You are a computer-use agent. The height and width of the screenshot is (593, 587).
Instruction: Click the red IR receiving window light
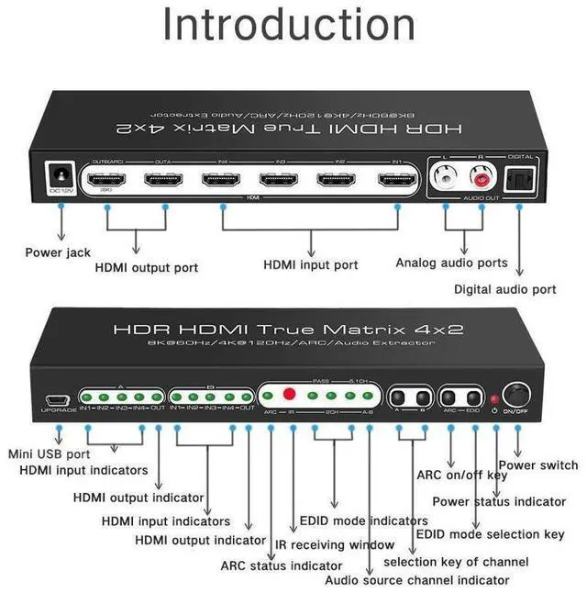point(290,396)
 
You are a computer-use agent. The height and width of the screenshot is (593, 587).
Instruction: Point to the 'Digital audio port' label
point(517,289)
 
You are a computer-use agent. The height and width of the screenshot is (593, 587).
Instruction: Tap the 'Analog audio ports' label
point(451,263)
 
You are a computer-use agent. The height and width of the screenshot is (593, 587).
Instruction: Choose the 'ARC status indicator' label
point(281,565)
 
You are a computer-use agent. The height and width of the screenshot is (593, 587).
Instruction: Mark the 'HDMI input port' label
point(311,265)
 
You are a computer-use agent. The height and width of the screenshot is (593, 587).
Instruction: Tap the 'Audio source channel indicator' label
point(417,580)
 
